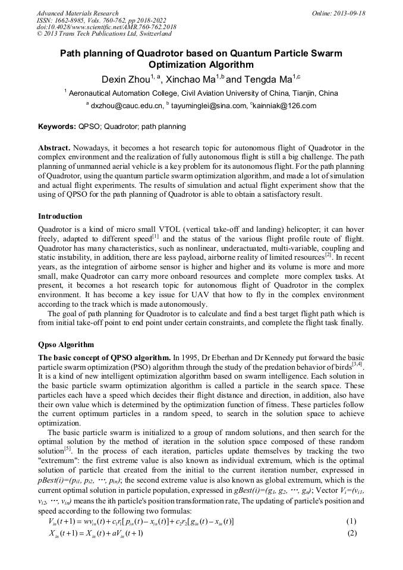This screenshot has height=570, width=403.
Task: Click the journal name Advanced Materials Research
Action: [x=77, y=13]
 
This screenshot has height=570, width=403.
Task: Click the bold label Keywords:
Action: [x=56, y=127]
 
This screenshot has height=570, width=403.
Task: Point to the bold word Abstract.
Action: [x=54, y=147]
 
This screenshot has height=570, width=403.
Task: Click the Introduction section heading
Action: [x=60, y=216]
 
